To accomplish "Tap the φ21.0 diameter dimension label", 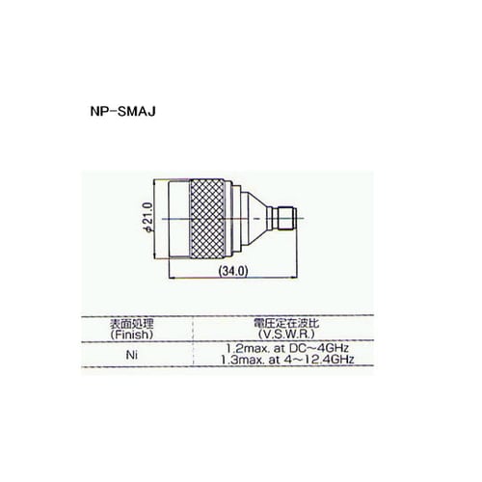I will click(147, 218).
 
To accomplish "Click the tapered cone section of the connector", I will click(251, 217).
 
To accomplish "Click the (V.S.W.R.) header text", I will click(277, 334).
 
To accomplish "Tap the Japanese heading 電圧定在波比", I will click(277, 323).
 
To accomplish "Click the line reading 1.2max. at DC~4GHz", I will click(277, 347).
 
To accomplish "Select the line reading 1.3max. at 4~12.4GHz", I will click(277, 360).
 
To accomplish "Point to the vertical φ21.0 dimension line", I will click(160, 218).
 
